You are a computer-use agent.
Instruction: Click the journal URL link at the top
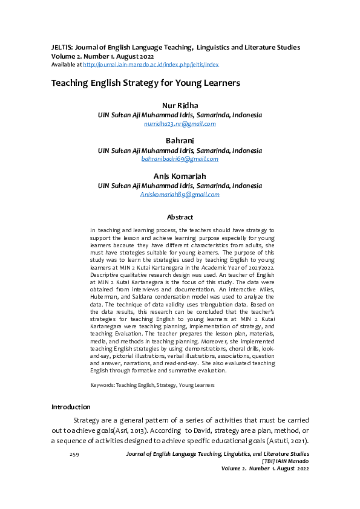point(151,64)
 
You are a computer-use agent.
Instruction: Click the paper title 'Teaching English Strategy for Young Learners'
point(146,83)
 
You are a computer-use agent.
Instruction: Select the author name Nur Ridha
point(180,106)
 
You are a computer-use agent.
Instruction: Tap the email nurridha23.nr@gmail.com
point(180,123)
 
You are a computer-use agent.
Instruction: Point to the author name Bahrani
point(180,141)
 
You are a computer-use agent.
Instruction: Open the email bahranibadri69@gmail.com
point(180,158)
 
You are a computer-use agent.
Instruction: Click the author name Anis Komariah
point(180,176)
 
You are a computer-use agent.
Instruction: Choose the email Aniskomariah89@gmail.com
point(180,194)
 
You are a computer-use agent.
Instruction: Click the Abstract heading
point(180,217)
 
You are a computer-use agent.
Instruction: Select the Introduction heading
point(71,406)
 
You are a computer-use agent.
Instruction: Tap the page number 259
point(75,453)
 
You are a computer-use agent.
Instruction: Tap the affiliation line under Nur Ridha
point(180,115)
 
